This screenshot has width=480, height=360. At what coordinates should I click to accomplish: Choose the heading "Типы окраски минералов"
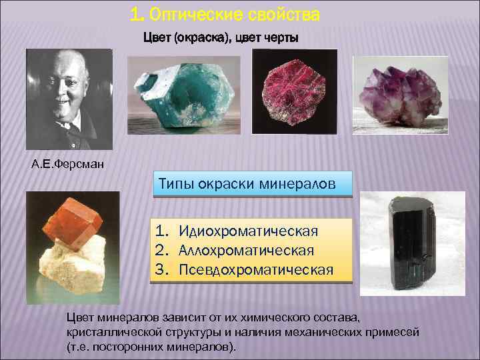click(x=252, y=183)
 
